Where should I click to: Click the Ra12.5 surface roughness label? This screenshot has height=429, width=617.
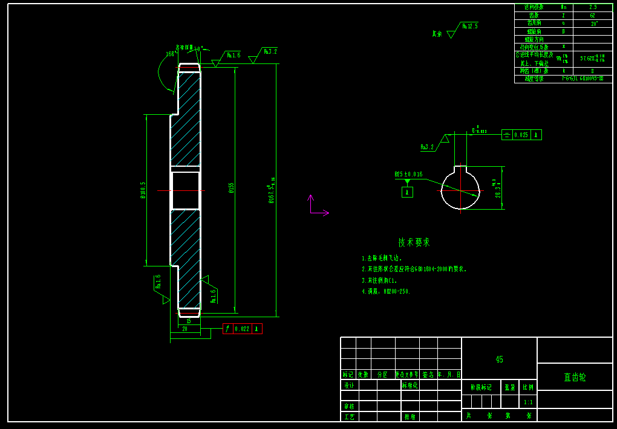[470, 26]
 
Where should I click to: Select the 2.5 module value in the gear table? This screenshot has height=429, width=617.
[593, 7]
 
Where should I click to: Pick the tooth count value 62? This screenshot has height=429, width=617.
[593, 15]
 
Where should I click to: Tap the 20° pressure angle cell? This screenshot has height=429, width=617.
[593, 24]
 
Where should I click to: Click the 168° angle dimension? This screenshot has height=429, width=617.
[171, 54]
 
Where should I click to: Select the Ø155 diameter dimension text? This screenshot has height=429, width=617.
[231, 188]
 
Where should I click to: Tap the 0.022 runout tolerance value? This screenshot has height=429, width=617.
[242, 329]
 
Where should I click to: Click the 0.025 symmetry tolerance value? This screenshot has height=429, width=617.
[521, 135]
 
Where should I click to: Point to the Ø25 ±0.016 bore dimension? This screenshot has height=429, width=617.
[408, 174]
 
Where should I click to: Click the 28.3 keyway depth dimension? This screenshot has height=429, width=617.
[498, 189]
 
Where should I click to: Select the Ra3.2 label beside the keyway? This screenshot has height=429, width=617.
[427, 147]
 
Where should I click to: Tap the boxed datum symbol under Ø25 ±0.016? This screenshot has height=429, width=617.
[408, 192]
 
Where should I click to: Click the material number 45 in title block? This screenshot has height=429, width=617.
[499, 359]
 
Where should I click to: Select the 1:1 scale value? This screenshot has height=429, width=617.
[528, 402]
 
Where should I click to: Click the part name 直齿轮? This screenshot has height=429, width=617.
[575, 377]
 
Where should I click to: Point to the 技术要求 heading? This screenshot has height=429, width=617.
[414, 242]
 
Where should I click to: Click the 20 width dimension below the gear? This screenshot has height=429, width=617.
[184, 329]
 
